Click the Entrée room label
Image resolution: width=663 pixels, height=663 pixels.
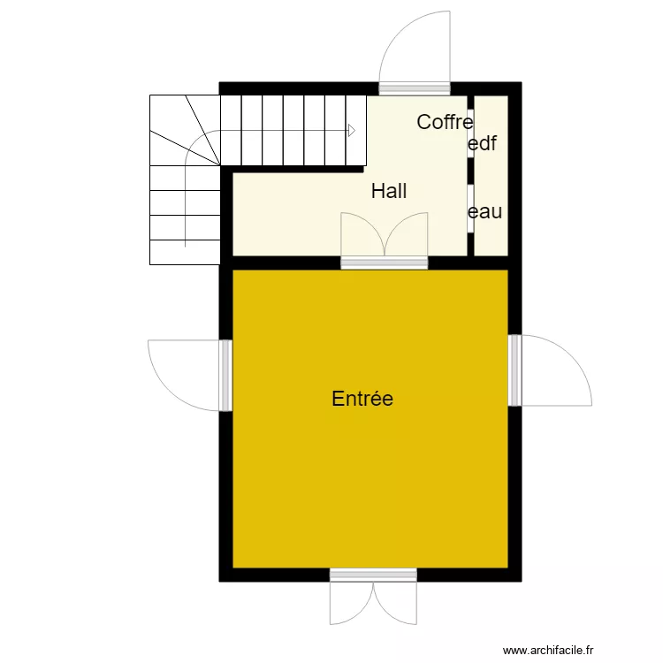point(362,399)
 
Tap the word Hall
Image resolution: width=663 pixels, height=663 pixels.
point(389,191)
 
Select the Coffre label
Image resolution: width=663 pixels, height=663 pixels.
point(445,122)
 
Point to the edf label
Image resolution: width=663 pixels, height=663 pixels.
point(482,144)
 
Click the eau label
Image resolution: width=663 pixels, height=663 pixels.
point(484,212)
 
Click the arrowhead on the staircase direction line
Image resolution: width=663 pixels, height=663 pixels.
point(352,131)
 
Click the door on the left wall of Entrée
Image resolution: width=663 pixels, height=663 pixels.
point(225,376)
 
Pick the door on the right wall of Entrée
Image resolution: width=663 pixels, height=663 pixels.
point(515,370)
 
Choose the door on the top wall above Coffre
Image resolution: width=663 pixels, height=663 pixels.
point(415,88)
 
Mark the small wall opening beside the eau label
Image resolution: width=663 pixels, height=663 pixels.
point(470,208)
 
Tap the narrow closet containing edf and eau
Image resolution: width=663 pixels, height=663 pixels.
point(492,177)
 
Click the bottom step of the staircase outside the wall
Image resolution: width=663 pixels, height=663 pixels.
point(185,253)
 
